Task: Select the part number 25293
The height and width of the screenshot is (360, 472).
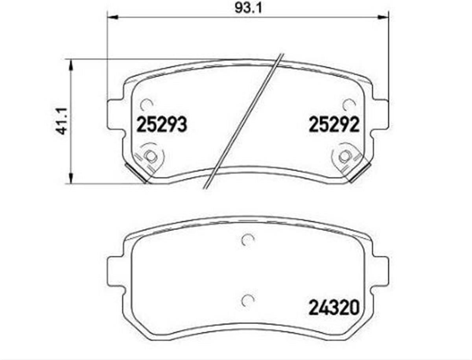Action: point(162,124)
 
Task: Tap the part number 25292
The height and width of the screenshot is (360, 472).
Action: point(334,124)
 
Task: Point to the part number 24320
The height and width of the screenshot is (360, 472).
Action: point(334,308)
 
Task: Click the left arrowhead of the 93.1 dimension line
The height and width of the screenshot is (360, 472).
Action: point(112,17)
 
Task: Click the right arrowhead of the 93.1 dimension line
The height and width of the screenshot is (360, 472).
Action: point(383,17)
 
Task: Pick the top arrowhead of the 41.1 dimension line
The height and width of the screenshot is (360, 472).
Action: point(70,65)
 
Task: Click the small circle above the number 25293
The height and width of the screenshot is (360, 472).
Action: point(146,105)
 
